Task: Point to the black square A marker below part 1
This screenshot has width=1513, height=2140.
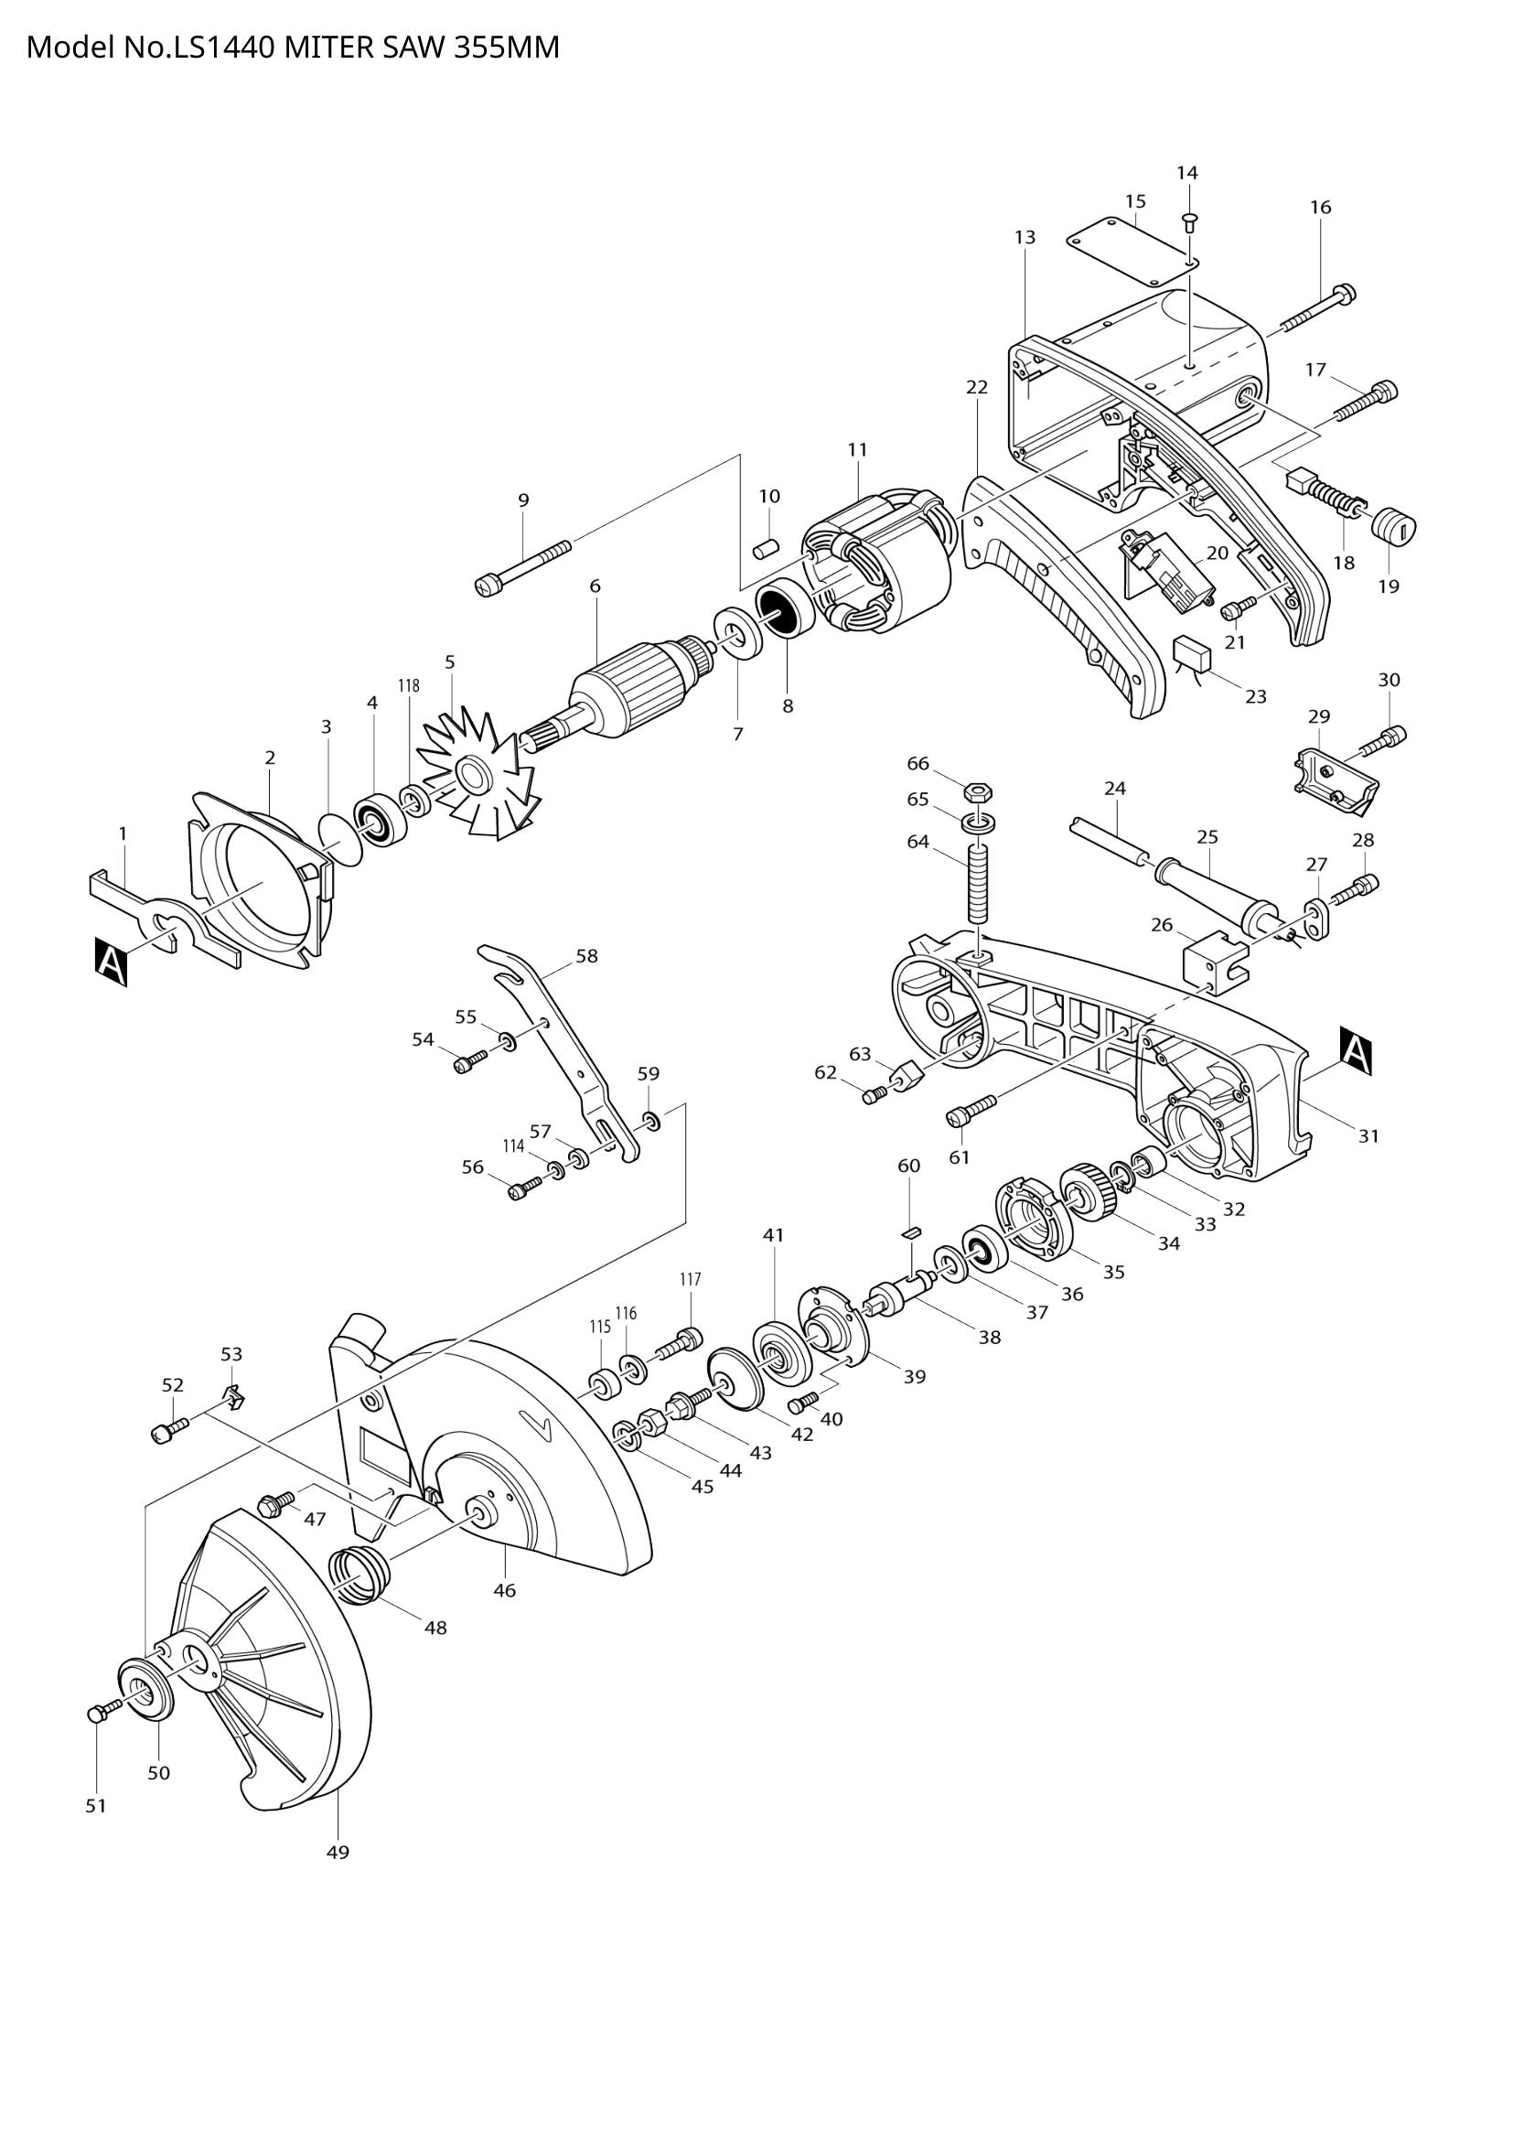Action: pyautogui.click(x=111, y=962)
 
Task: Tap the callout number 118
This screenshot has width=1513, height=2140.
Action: pyautogui.click(x=409, y=685)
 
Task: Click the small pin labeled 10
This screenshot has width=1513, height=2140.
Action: pyautogui.click(x=766, y=547)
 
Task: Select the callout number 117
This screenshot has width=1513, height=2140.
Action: pyautogui.click(x=690, y=1280)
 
